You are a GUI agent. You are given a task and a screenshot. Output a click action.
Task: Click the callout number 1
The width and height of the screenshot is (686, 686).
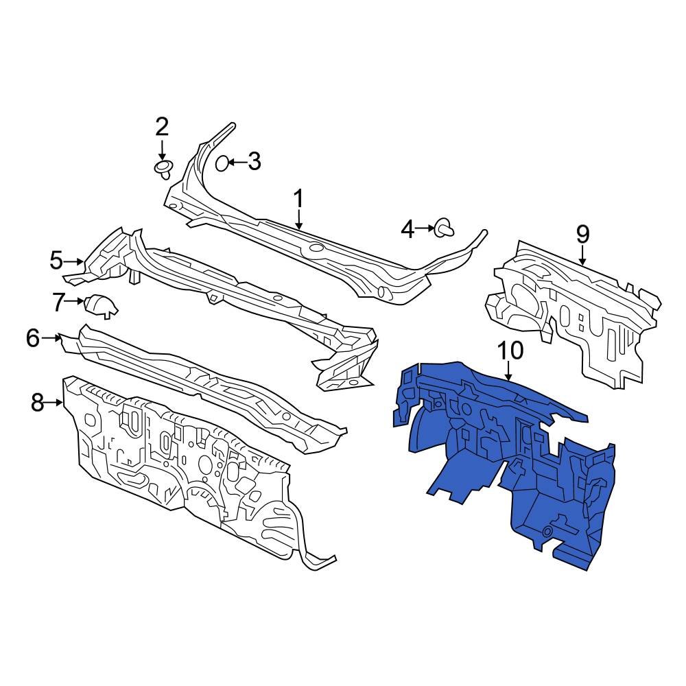(298, 199)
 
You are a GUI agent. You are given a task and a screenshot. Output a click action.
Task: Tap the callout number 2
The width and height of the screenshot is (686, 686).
(162, 128)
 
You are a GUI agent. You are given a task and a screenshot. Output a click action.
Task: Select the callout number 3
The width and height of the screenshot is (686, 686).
(255, 161)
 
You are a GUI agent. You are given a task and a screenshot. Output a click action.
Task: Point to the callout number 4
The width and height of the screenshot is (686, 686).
(407, 229)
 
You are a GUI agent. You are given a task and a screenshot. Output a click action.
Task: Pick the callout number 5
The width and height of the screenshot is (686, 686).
(56, 261)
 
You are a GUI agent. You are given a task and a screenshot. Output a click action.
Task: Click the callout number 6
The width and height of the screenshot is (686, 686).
(33, 338)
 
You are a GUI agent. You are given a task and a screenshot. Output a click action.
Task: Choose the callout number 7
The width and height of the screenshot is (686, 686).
(58, 302)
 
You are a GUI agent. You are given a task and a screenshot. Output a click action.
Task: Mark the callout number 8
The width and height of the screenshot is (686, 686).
(38, 402)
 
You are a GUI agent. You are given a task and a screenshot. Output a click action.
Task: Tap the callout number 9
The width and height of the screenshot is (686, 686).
(582, 234)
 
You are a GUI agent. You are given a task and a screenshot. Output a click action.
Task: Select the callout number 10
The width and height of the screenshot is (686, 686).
(510, 351)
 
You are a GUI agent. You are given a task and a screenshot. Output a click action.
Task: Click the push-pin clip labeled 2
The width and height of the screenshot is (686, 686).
(164, 169)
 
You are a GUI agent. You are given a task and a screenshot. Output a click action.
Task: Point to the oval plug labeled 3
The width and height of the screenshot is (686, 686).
(222, 163)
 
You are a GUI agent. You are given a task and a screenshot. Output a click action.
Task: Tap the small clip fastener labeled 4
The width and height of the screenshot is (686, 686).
(445, 229)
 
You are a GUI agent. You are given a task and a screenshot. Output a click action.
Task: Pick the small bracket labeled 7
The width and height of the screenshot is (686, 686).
(102, 305)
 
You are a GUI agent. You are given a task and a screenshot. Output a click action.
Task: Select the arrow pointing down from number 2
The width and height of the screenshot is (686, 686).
(162, 150)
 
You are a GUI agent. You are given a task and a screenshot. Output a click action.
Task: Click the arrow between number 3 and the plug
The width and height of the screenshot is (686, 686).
(236, 163)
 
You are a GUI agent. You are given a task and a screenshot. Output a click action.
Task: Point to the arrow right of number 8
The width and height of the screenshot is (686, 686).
(55, 403)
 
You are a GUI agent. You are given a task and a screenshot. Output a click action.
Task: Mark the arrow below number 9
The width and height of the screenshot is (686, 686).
(582, 255)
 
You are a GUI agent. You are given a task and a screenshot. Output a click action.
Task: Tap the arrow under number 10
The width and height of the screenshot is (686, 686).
(508, 371)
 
